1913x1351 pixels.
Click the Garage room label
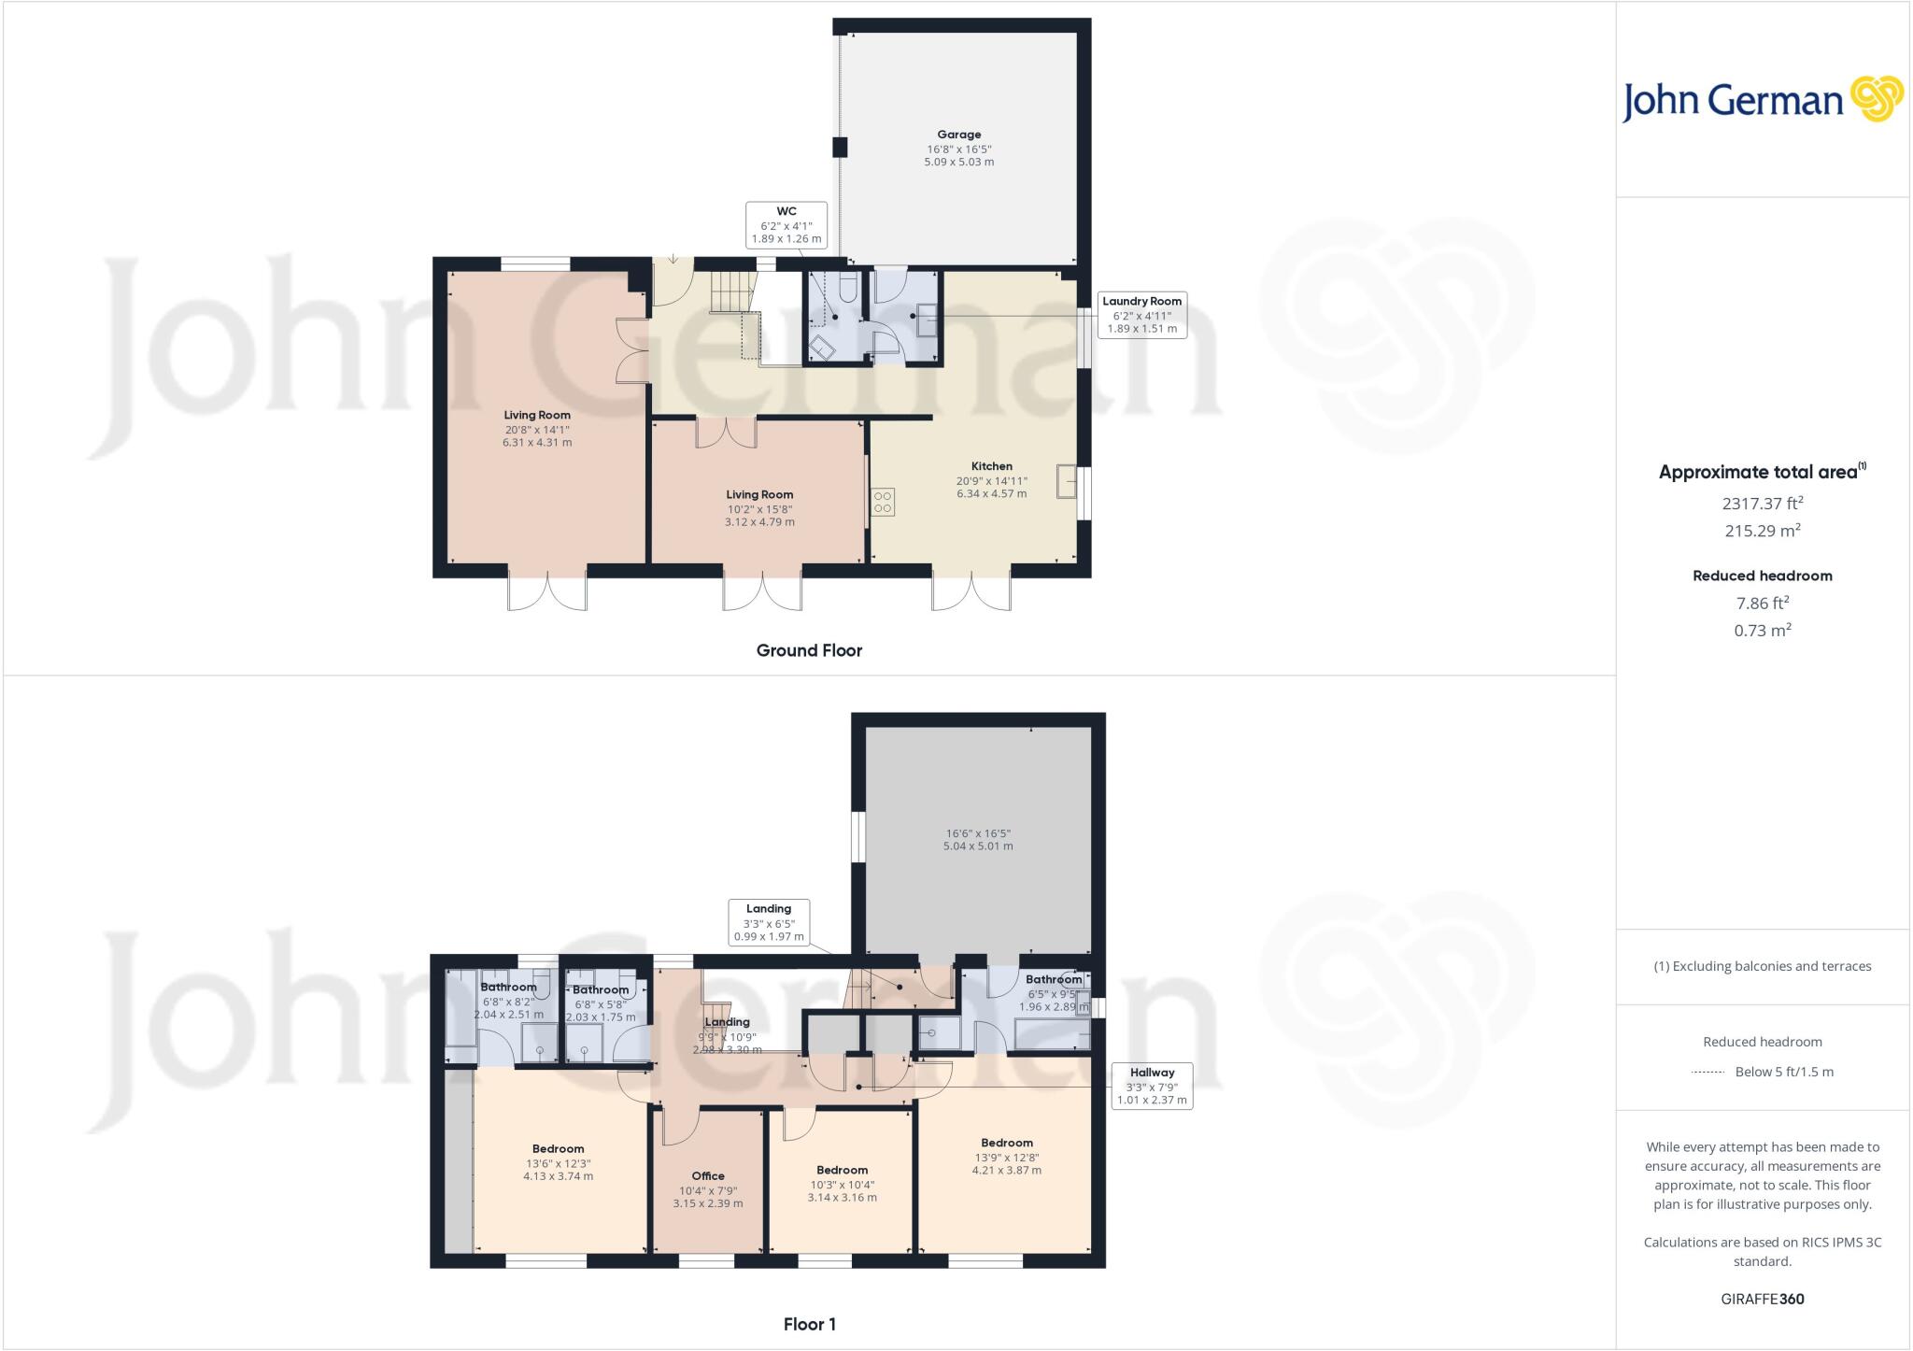[958, 135]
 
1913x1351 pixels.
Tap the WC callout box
[786, 225]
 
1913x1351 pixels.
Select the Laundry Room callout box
[1141, 314]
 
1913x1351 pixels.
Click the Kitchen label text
[991, 466]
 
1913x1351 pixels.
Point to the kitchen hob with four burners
[883, 502]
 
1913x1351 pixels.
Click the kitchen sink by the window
[1067, 483]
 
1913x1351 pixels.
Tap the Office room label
[707, 1176]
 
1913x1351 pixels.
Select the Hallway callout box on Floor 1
[1151, 1086]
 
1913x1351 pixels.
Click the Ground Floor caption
[809, 650]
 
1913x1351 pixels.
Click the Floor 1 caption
[809, 1324]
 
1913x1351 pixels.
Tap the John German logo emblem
[1876, 99]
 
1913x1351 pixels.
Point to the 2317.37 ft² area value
[1762, 504]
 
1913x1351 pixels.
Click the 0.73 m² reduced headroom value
[1762, 631]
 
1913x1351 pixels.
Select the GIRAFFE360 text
[1762, 1299]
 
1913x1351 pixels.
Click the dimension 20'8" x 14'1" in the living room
[536, 430]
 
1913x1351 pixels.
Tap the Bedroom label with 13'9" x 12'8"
[1006, 1143]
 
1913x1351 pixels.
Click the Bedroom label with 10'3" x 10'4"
[842, 1170]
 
